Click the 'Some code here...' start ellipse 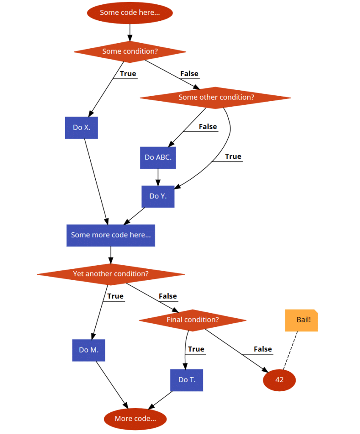pos(130,13)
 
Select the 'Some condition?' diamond pos(130,52)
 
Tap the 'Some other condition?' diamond pos(216,97)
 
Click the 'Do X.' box pos(81,128)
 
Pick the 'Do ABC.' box pos(158,158)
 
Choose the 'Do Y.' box pos(158,196)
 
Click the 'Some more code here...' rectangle pos(111,235)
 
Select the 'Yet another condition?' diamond pos(111,274)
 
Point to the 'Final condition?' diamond pos(193,320)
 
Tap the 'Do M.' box pos(89,350)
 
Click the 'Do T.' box pos(186,380)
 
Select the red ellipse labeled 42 pos(279,380)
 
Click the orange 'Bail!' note pos(302,320)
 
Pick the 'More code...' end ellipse pos(135,419)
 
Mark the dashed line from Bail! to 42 pos(291,350)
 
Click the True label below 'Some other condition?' pos(233,157)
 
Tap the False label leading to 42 pos(263,349)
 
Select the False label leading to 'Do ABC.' pos(208,127)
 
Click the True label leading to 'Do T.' pos(196,349)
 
